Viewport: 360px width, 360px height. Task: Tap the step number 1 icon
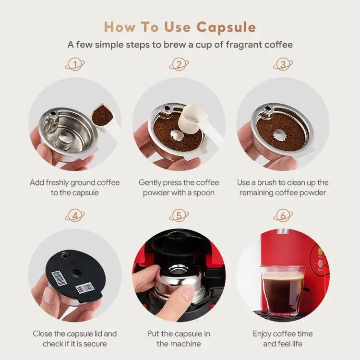point(75,65)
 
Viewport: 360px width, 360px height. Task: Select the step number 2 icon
point(179,65)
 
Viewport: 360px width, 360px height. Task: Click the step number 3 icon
point(283,65)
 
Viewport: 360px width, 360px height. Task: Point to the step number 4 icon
point(75,216)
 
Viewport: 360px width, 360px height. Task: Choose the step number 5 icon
point(179,216)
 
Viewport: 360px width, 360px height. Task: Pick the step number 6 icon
point(283,216)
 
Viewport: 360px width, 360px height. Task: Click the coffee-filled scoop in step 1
point(102,115)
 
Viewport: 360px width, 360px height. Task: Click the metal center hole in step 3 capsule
point(280,134)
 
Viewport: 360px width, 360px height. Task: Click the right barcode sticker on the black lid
point(85,288)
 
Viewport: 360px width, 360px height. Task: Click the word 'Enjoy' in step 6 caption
point(264,333)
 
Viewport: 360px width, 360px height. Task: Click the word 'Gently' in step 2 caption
point(151,182)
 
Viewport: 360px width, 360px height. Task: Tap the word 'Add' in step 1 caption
point(37,182)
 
